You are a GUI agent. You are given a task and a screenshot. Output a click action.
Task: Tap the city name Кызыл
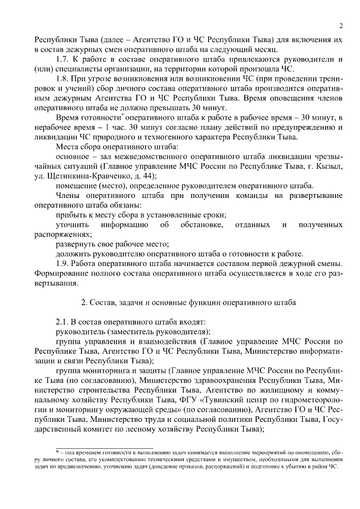click(x=329, y=166)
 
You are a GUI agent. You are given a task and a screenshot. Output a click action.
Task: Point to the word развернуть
click(x=76, y=244)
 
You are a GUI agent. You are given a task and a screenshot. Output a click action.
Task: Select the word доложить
click(x=74, y=254)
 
